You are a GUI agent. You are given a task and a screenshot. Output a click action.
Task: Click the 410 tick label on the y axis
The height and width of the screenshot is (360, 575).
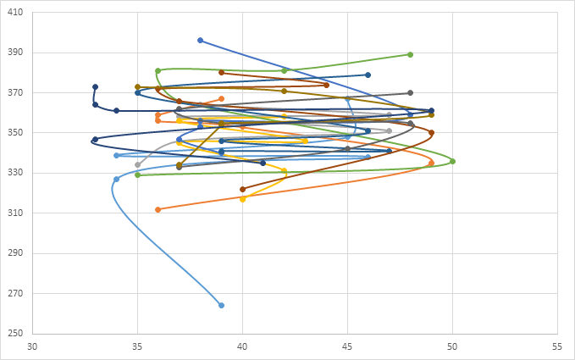(x=16, y=12)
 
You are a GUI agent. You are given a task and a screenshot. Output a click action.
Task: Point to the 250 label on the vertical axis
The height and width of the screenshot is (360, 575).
(x=16, y=334)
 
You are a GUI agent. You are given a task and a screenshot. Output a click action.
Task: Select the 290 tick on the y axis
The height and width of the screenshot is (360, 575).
(x=16, y=253)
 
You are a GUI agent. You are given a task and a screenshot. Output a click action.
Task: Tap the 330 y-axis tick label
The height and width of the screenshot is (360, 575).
(x=16, y=173)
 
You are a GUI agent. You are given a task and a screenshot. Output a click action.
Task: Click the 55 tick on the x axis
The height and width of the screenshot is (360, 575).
(x=557, y=346)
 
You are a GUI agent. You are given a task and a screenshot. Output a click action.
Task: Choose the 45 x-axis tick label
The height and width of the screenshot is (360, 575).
(x=347, y=346)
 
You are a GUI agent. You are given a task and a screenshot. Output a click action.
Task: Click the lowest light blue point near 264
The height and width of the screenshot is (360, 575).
(x=221, y=305)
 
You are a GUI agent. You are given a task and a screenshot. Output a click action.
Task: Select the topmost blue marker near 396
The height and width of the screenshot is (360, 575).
(x=201, y=40)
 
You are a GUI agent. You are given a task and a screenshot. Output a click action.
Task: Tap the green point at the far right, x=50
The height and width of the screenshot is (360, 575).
(x=452, y=161)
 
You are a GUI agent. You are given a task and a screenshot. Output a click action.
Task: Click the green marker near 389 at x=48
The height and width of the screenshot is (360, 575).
(x=410, y=54)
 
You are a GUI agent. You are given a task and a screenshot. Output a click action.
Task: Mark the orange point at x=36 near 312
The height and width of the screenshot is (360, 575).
(x=158, y=209)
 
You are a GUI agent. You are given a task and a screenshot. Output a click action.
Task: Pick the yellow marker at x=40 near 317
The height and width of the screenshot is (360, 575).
(x=242, y=199)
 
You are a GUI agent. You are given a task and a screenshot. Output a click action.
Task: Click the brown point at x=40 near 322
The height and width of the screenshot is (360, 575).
(x=242, y=189)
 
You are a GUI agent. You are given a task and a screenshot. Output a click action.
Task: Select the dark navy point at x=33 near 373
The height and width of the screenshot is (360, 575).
(x=96, y=86)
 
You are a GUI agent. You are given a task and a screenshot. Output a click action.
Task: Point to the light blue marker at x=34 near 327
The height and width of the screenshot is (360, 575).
(x=116, y=179)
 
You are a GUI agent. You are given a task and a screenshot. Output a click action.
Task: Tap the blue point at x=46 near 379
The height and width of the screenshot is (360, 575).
(x=368, y=75)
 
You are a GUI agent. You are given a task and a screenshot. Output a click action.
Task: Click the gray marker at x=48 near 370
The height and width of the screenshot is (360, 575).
(x=410, y=92)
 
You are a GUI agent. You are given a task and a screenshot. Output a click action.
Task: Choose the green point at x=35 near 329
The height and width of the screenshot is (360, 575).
(x=137, y=174)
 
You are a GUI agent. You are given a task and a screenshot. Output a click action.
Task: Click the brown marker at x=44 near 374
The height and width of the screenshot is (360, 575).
(x=326, y=85)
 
